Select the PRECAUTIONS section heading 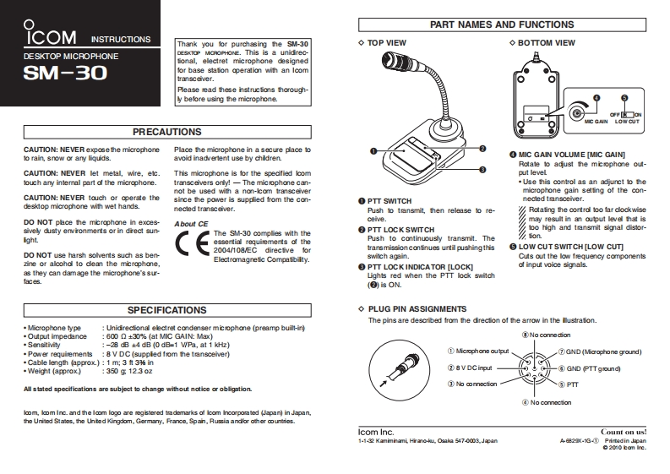(x=167, y=132)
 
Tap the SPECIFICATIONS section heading (x=167, y=310)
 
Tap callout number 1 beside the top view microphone (x=373, y=150)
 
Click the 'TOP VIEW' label (x=386, y=42)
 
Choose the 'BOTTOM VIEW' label (x=546, y=42)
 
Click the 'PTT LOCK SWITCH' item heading (x=400, y=230)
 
